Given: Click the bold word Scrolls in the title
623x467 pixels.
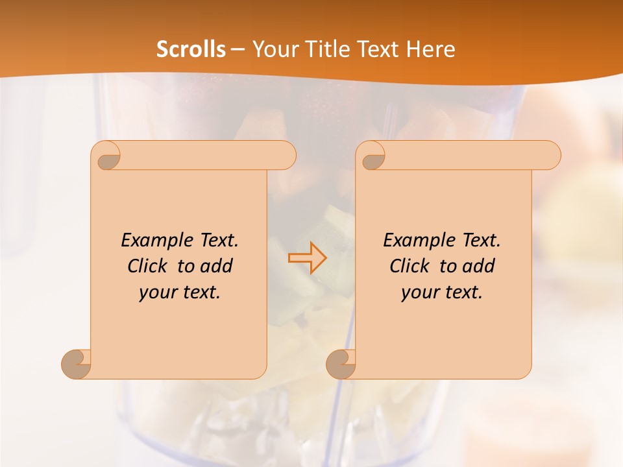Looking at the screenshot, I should click(191, 49).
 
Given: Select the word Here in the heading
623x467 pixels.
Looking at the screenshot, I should click(430, 49).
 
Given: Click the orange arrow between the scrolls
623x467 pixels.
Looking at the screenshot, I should click(308, 257).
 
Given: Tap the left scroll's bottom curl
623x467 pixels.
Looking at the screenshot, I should click(76, 365).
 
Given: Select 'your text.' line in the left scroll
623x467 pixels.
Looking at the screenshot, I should click(180, 293).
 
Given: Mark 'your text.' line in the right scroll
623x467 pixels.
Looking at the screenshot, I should click(442, 293).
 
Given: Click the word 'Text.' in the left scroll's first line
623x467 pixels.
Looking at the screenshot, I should click(218, 240).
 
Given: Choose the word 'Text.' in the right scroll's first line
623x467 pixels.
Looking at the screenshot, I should click(480, 240).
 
